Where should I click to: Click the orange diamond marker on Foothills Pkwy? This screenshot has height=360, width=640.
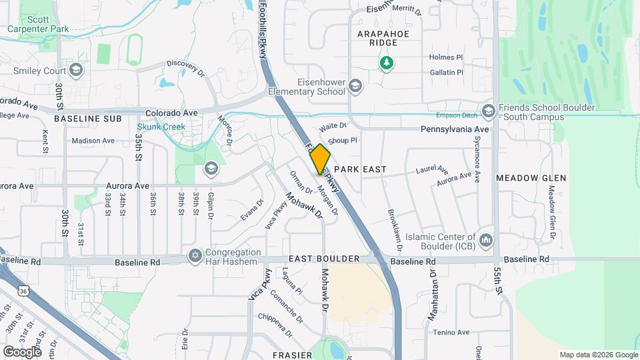pyautogui.click(x=320, y=159)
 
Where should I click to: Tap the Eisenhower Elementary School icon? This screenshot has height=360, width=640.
pyautogui.click(x=355, y=85)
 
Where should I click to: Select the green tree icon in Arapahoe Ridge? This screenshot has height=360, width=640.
pyautogui.click(x=385, y=63)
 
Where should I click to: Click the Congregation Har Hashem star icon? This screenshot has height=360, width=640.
pyautogui.click(x=195, y=256)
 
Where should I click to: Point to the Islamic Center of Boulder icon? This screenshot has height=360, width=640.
pyautogui.click(x=486, y=239)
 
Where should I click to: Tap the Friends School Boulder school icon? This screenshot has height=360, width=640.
pyautogui.click(x=488, y=110)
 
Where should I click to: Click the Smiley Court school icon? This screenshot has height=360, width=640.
pyautogui.click(x=76, y=69)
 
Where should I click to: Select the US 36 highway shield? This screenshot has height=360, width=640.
pyautogui.click(x=23, y=291)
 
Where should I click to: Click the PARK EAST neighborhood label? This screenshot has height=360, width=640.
pyautogui.click(x=360, y=169)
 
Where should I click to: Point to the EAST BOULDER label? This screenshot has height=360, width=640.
pyautogui.click(x=324, y=258)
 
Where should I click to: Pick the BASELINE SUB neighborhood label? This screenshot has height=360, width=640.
pyautogui.click(x=88, y=118)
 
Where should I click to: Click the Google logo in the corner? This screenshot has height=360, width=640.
pyautogui.click(x=21, y=351)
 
